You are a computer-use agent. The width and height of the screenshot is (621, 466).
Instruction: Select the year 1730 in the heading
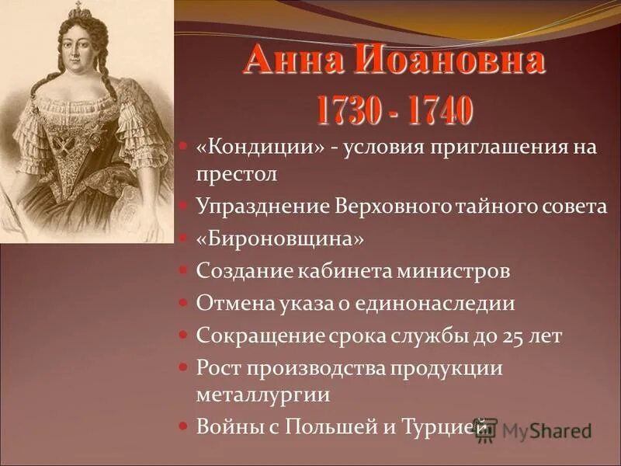pyautogui.click(x=348, y=110)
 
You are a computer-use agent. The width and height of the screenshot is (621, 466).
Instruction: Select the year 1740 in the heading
pyautogui.click(x=437, y=110)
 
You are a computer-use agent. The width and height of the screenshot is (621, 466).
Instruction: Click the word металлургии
pyautogui.click(x=263, y=394)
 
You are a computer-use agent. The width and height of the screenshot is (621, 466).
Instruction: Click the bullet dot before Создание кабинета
pyautogui.click(x=183, y=273)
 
